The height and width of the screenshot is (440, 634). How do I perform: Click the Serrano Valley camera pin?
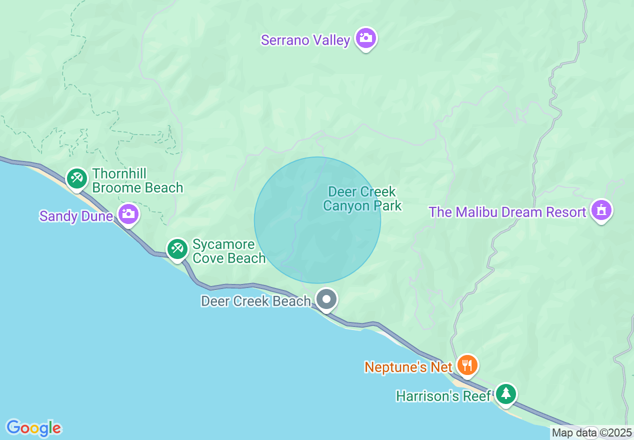(x=366, y=38)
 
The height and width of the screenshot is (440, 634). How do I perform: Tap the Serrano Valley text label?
(x=305, y=40)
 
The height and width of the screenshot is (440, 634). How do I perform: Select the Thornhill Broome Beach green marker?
(x=77, y=178)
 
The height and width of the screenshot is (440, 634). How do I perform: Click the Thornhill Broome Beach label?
(x=137, y=180)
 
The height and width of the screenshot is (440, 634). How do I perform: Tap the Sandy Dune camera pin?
(x=128, y=214)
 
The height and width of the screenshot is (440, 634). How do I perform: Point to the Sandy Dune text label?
(x=76, y=216)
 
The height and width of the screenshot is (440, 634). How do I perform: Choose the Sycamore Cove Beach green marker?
(x=177, y=248)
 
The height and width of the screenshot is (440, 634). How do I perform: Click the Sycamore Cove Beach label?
(x=229, y=251)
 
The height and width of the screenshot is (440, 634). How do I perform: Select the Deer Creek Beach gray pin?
(x=327, y=299)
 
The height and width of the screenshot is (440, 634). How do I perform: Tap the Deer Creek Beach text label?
(x=255, y=301)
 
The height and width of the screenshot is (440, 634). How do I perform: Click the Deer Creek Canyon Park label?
(x=362, y=198)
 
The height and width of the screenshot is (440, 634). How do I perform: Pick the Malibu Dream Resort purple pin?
(x=601, y=210)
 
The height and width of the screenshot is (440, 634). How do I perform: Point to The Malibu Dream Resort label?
(x=507, y=212)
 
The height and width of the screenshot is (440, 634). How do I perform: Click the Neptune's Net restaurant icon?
(x=467, y=365)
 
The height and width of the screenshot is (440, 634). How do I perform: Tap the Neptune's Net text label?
(x=408, y=367)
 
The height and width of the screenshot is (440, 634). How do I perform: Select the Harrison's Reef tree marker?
(x=506, y=394)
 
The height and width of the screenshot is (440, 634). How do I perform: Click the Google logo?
(x=33, y=428)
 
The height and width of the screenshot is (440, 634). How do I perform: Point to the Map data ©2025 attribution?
(x=591, y=432)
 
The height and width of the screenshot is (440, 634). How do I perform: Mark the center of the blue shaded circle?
(x=317, y=220)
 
